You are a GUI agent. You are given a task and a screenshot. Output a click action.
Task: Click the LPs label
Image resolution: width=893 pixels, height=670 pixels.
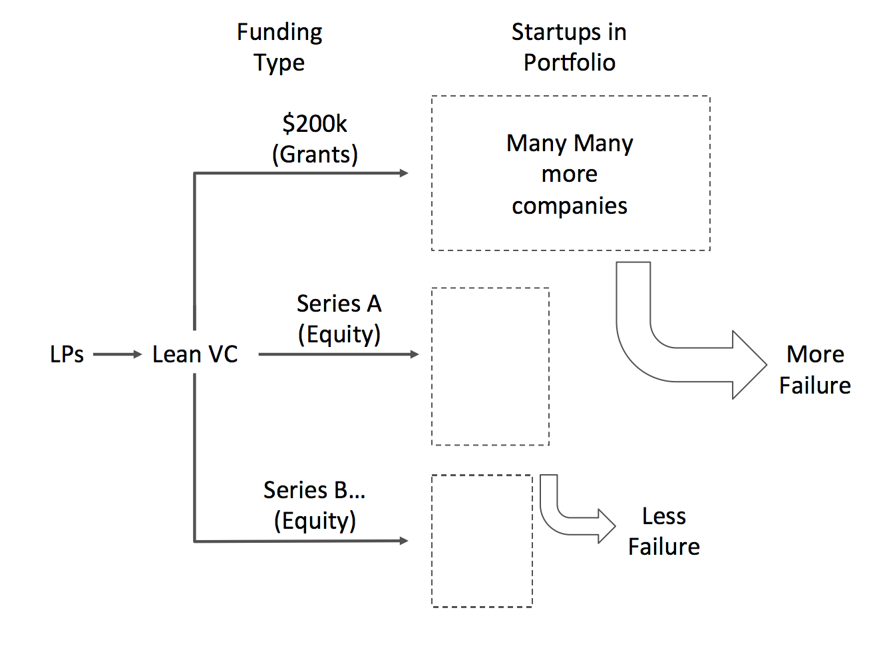tap(67, 354)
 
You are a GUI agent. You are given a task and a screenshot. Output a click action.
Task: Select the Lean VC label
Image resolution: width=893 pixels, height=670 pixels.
tap(195, 354)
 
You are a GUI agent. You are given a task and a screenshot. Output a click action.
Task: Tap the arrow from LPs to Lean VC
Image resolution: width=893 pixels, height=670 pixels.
tap(118, 354)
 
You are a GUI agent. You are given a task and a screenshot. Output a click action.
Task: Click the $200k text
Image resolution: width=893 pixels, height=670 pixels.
tap(315, 124)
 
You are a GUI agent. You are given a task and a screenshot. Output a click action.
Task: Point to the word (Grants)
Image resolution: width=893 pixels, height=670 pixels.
tap(315, 155)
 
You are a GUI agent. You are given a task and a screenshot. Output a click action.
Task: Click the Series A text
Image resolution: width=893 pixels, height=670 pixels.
tap(339, 304)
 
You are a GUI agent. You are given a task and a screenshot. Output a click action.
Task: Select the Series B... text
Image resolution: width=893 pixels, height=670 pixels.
tap(315, 490)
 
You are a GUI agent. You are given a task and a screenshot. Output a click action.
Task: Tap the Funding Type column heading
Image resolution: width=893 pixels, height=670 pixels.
tap(279, 47)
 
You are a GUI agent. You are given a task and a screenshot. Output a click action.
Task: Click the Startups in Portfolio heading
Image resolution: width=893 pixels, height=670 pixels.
tap(569, 47)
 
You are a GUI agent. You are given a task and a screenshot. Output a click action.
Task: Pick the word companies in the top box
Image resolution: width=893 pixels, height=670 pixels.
tap(570, 206)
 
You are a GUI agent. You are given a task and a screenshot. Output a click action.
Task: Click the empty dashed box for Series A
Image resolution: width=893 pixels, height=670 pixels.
tap(490, 366)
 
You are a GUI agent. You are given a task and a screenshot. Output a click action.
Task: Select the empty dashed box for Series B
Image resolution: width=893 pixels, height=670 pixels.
tap(482, 541)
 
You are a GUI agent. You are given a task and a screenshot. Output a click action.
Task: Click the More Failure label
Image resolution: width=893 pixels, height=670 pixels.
tap(815, 370)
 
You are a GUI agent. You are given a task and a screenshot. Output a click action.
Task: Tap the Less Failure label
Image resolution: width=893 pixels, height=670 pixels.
tap(664, 531)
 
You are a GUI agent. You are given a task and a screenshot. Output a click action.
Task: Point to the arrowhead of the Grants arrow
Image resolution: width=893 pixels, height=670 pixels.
tap(404, 173)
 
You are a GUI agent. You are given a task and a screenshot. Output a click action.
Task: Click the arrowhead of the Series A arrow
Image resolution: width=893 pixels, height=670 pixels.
tap(415, 354)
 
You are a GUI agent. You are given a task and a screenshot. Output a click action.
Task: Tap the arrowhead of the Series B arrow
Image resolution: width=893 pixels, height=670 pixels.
tap(404, 541)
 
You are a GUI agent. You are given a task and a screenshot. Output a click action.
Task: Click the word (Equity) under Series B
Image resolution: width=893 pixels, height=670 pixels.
tap(315, 521)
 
